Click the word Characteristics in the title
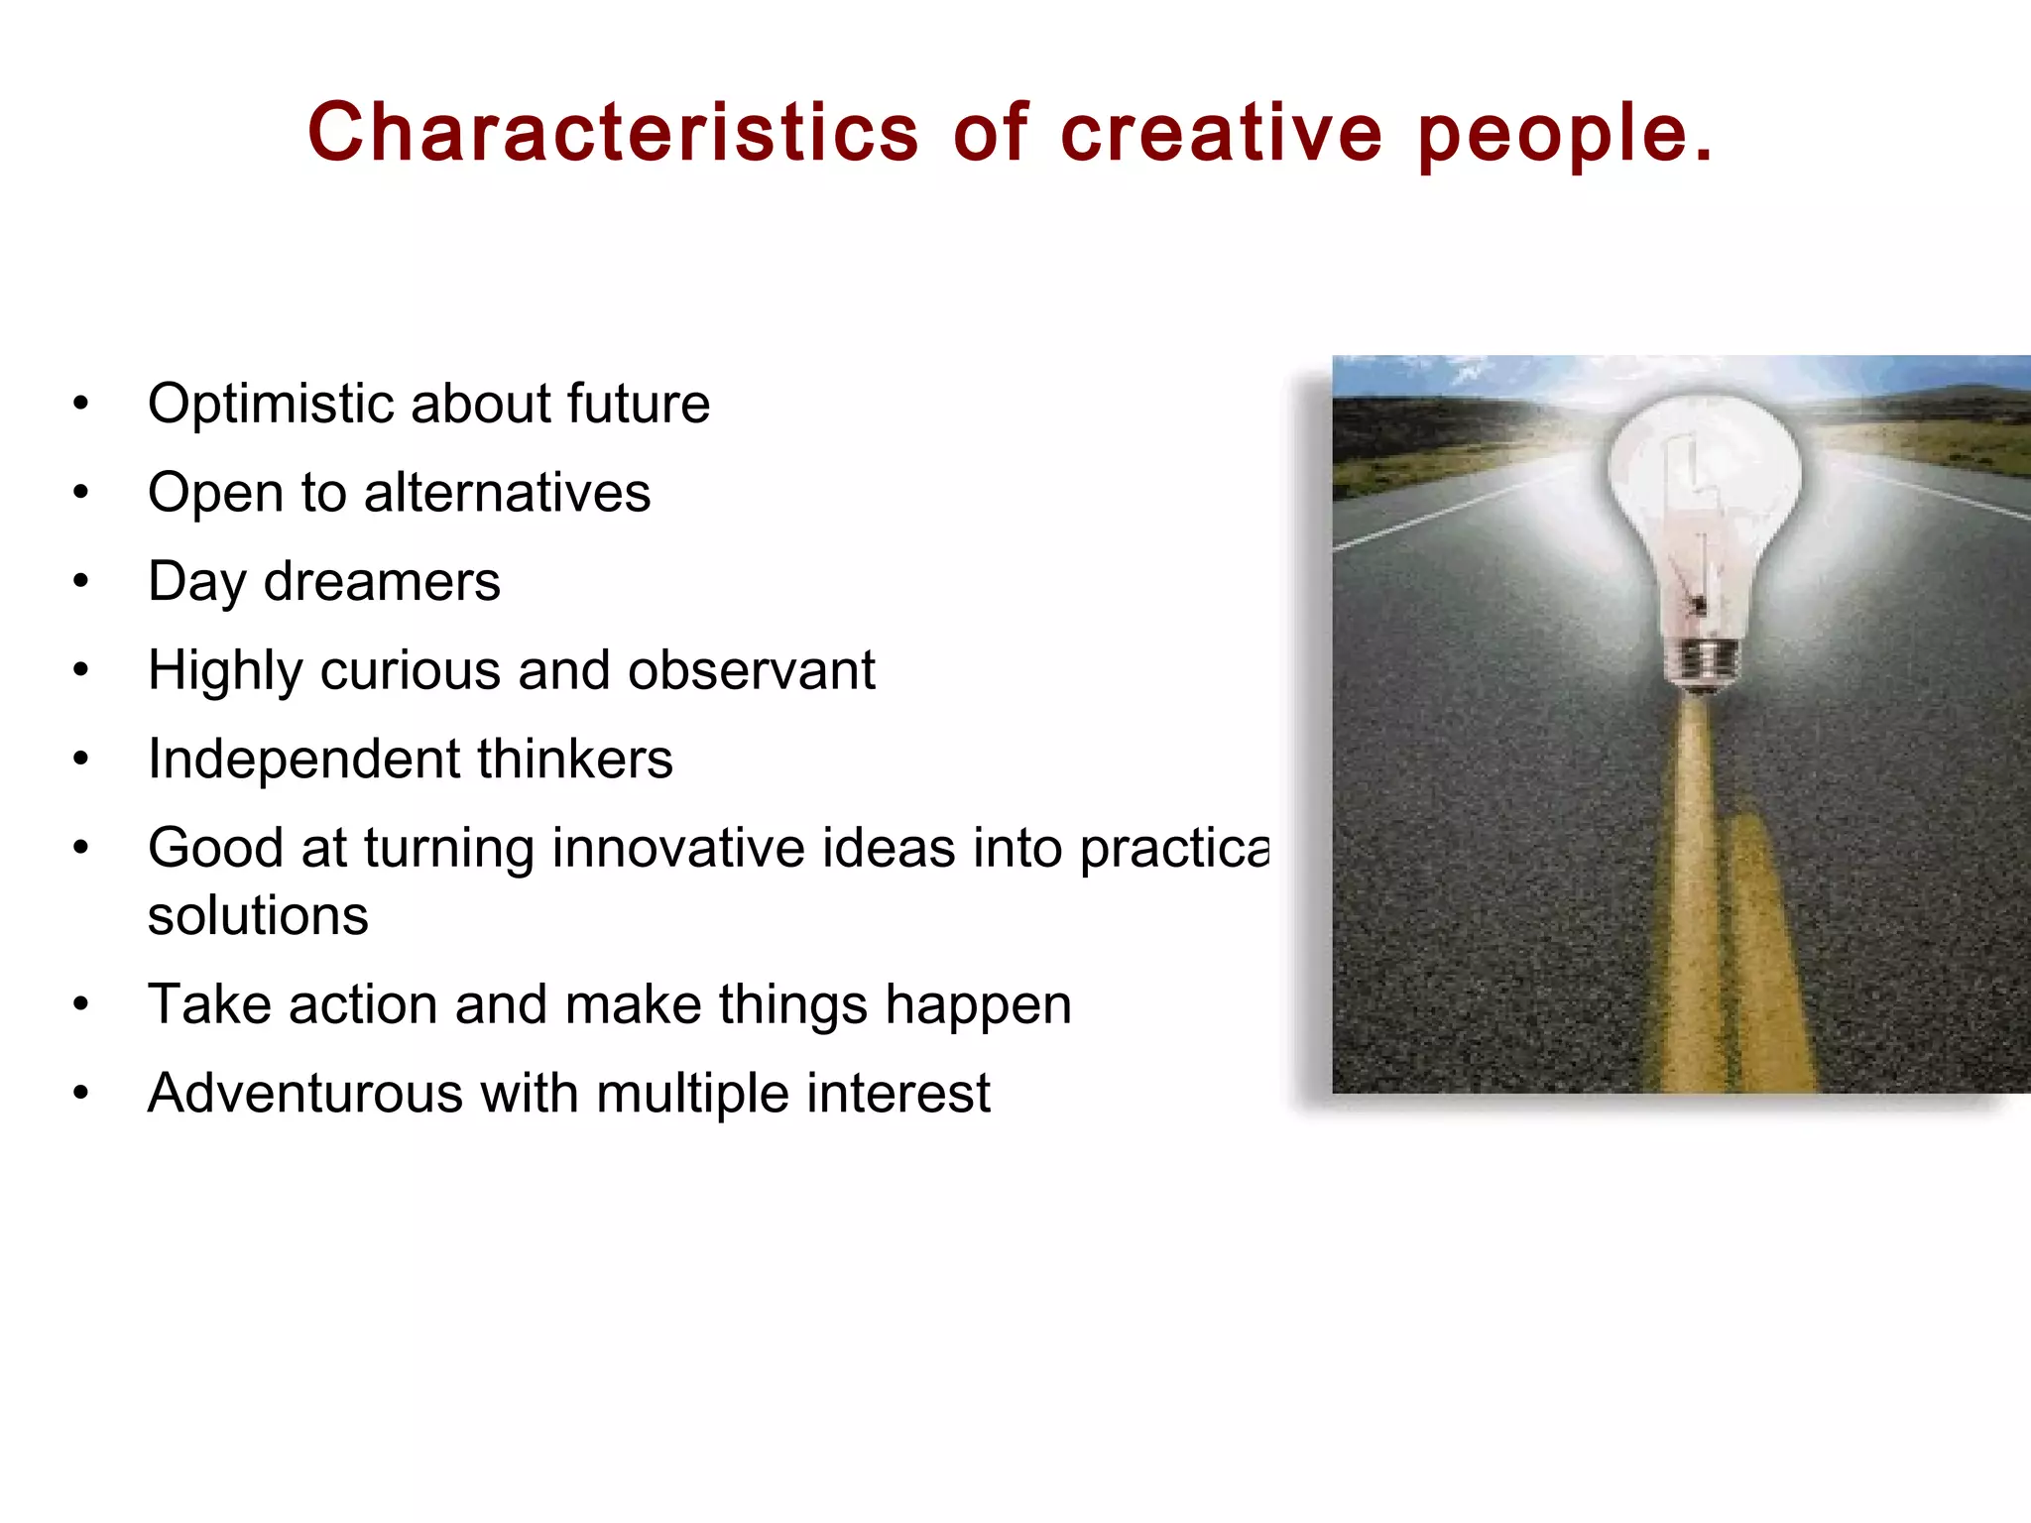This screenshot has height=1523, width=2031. pos(613,133)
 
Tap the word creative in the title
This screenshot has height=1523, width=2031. pos(1221,133)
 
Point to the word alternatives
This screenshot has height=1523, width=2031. pos(507,493)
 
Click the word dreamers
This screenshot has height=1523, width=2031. pos(382,582)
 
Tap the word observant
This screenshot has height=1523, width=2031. pos(751,670)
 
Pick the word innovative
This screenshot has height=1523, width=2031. pos(678,849)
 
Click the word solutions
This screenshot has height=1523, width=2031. pos(258,915)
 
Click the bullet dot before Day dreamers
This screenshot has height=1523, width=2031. pos(81,582)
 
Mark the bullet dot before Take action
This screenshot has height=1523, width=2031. pos(81,1004)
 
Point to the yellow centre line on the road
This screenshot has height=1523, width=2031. pos(1696,892)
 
